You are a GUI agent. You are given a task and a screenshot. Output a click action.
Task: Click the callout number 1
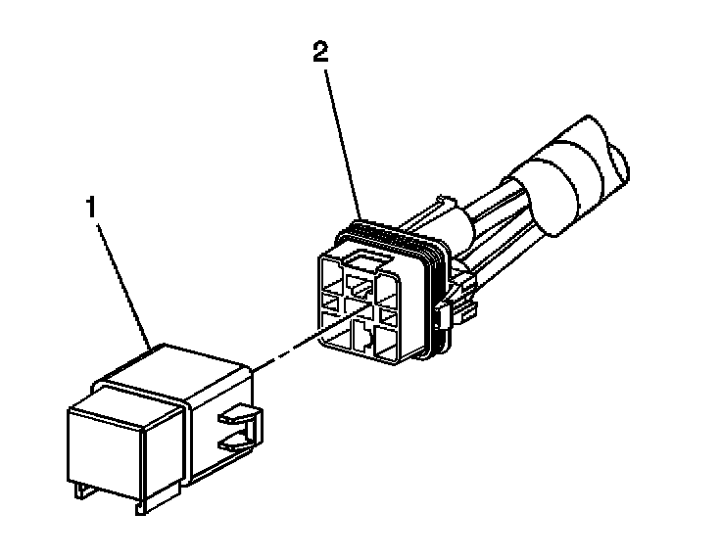coord(90,209)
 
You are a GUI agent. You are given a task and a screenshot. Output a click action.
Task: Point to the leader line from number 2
coord(342,137)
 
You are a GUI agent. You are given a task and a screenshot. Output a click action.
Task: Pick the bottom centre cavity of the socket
coord(361,339)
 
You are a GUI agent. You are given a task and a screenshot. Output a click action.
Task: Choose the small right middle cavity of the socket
coord(388,313)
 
